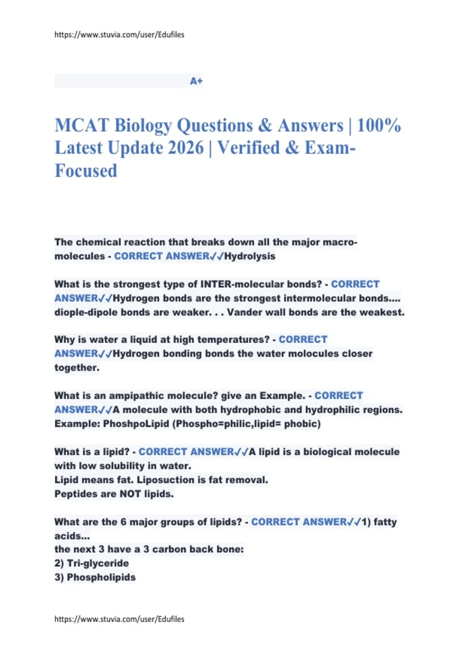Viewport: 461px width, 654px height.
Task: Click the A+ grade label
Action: click(196, 81)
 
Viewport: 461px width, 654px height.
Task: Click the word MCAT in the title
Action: click(81, 126)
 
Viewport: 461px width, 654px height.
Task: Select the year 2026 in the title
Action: click(186, 148)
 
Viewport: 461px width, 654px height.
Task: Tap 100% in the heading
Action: click(379, 126)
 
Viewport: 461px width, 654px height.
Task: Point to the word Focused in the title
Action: click(86, 171)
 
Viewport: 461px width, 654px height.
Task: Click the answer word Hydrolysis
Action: click(250, 256)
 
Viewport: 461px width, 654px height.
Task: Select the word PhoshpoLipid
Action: click(136, 424)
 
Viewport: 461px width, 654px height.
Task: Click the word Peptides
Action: click(73, 494)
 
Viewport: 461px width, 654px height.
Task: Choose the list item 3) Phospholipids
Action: click(95, 577)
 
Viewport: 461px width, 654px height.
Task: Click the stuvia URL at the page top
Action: click(119, 35)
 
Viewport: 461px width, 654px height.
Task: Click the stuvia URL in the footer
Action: click(119, 619)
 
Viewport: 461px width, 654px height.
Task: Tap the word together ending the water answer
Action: click(76, 368)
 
